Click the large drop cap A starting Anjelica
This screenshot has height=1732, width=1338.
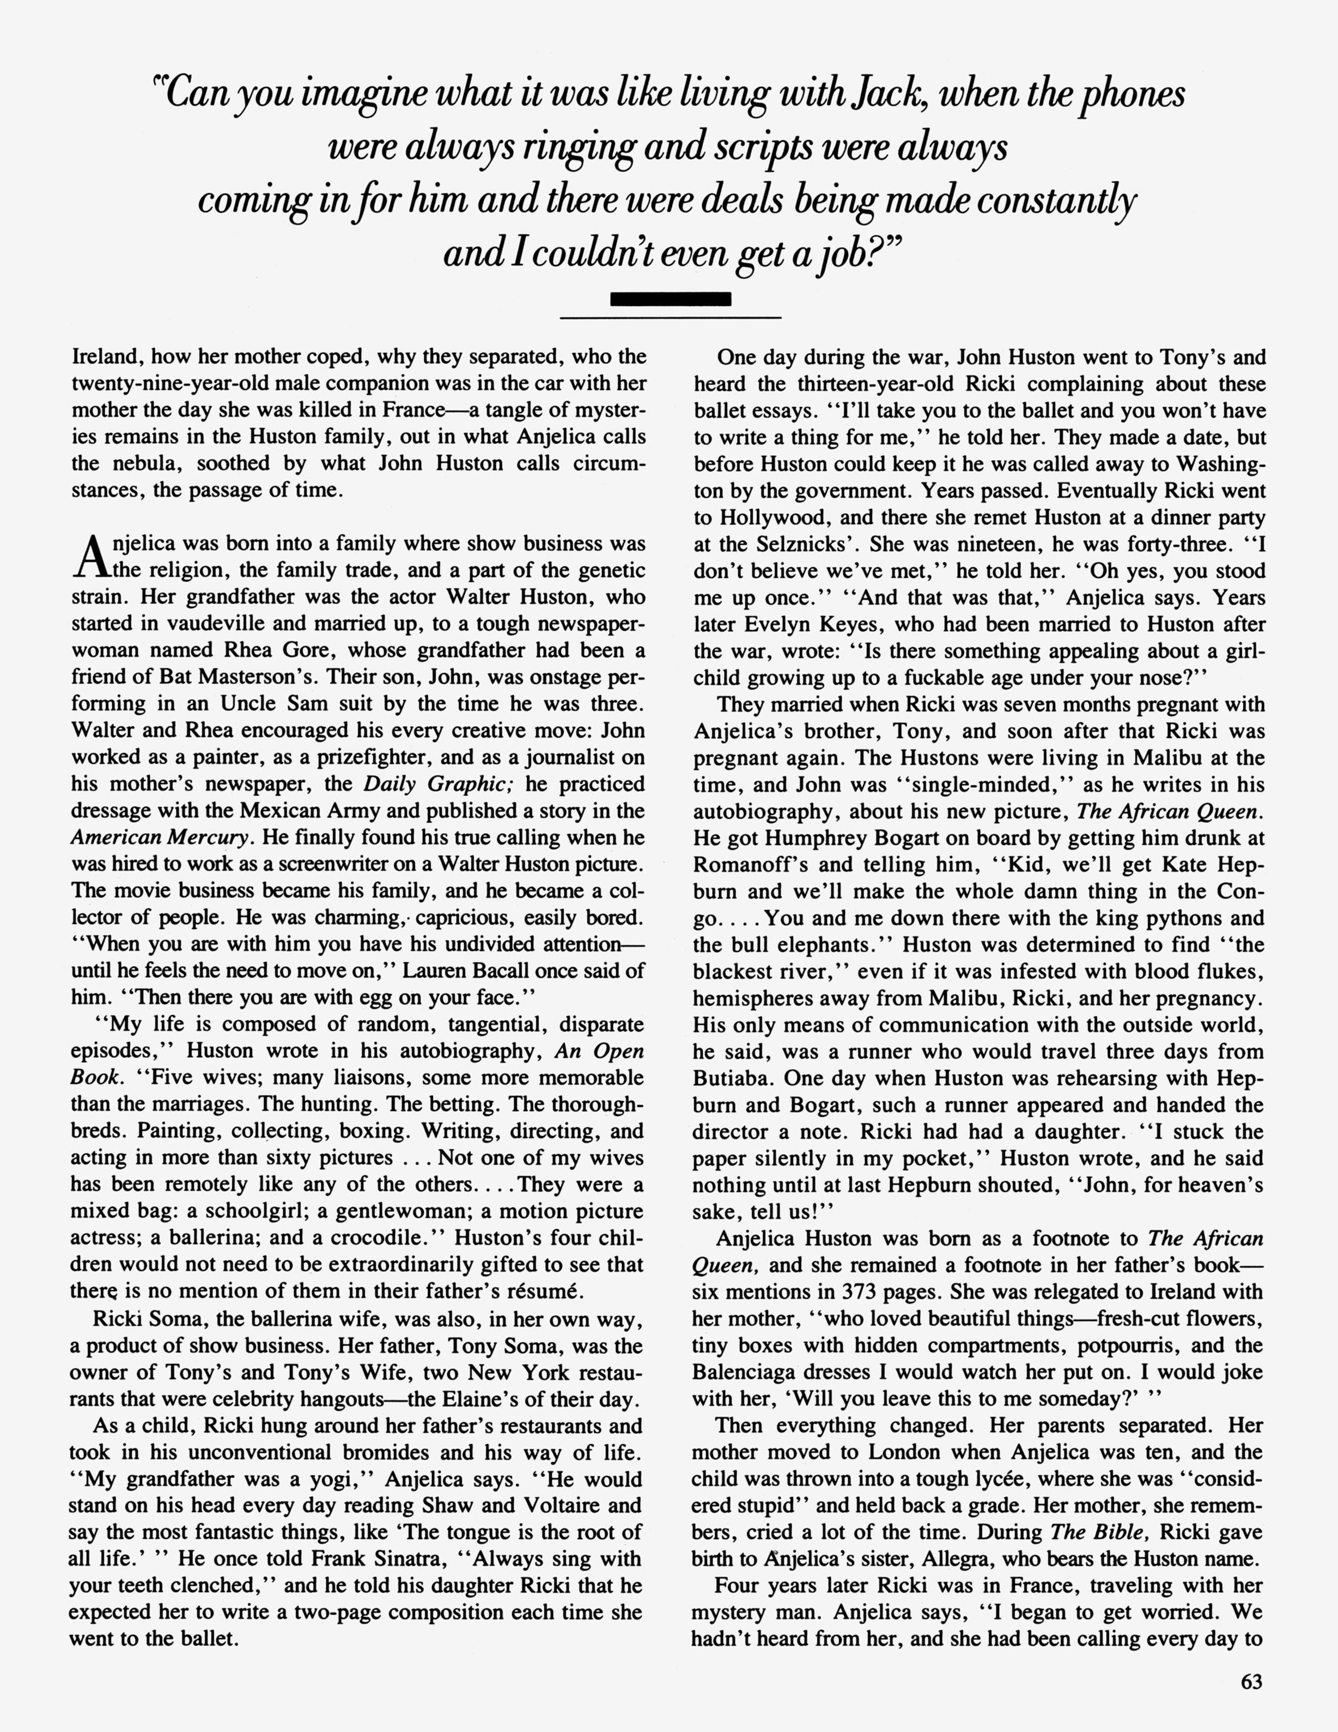pyautogui.click(x=91, y=558)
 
